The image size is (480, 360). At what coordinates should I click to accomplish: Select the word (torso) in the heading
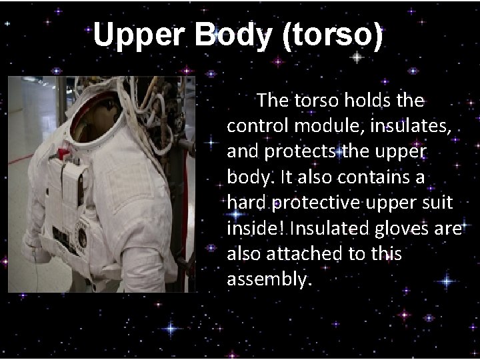tap(333, 35)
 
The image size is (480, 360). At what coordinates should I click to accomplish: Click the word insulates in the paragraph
tap(413, 125)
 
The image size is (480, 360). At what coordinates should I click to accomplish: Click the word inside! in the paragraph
tap(255, 227)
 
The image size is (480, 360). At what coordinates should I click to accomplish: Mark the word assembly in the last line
tap(268, 278)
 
